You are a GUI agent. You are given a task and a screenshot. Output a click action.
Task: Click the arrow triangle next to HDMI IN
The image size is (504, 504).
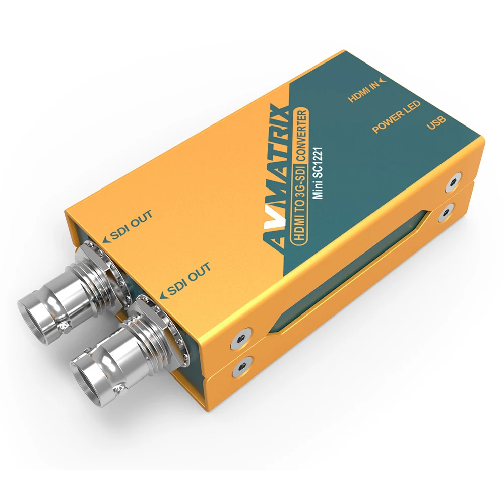pyautogui.click(x=384, y=79)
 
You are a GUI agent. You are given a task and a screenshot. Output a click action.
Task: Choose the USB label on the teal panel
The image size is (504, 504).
pyautogui.click(x=436, y=121)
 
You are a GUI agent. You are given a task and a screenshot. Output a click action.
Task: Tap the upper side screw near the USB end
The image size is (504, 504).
pyautogui.click(x=456, y=180)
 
